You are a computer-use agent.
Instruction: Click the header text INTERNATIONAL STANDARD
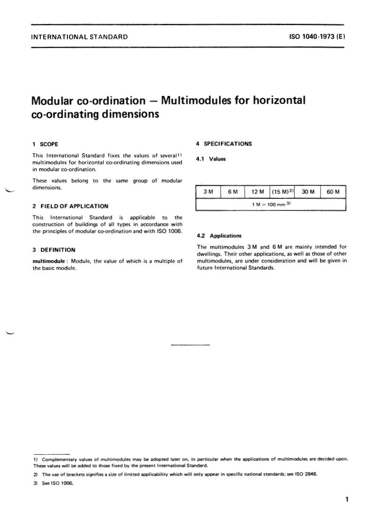coord(79,36)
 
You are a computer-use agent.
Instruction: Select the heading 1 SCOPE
coord(45,144)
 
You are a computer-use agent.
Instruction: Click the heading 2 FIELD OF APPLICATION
coord(70,206)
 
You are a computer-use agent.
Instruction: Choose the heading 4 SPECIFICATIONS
coord(224,144)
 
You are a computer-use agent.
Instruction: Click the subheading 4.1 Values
coord(211,159)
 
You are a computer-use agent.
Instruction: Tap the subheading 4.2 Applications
coord(219,236)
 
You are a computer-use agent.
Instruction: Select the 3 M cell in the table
coord(208,192)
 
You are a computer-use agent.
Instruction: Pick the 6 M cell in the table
coord(233,192)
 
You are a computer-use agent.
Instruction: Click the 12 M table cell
coord(258,192)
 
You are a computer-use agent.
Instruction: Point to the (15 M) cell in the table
coord(282,192)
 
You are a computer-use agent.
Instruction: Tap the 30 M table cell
coord(308,192)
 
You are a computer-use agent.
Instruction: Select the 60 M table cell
coord(333,192)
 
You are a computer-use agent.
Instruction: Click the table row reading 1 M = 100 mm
coord(271,205)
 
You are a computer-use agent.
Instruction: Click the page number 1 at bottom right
coord(347,499)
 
